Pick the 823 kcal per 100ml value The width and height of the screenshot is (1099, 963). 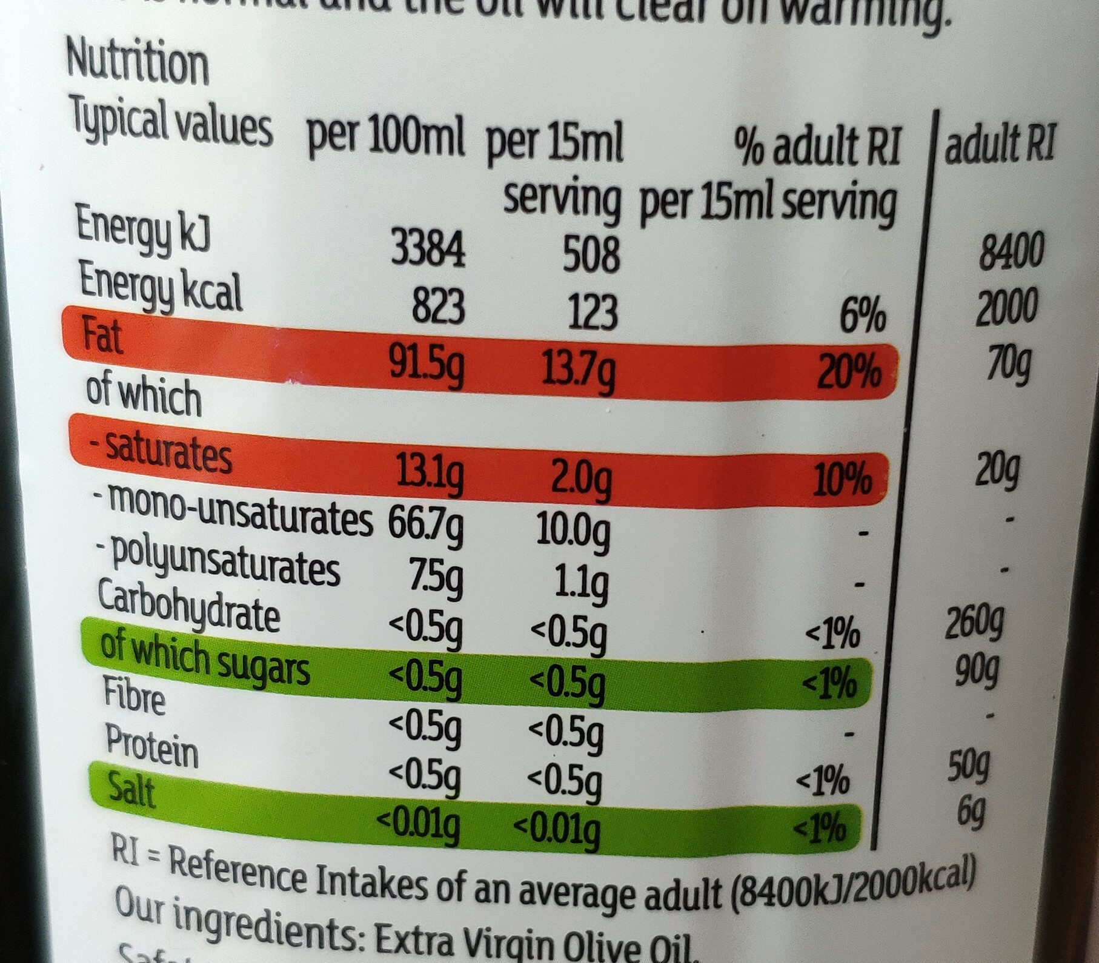(438, 307)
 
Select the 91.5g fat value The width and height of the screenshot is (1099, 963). (428, 370)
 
